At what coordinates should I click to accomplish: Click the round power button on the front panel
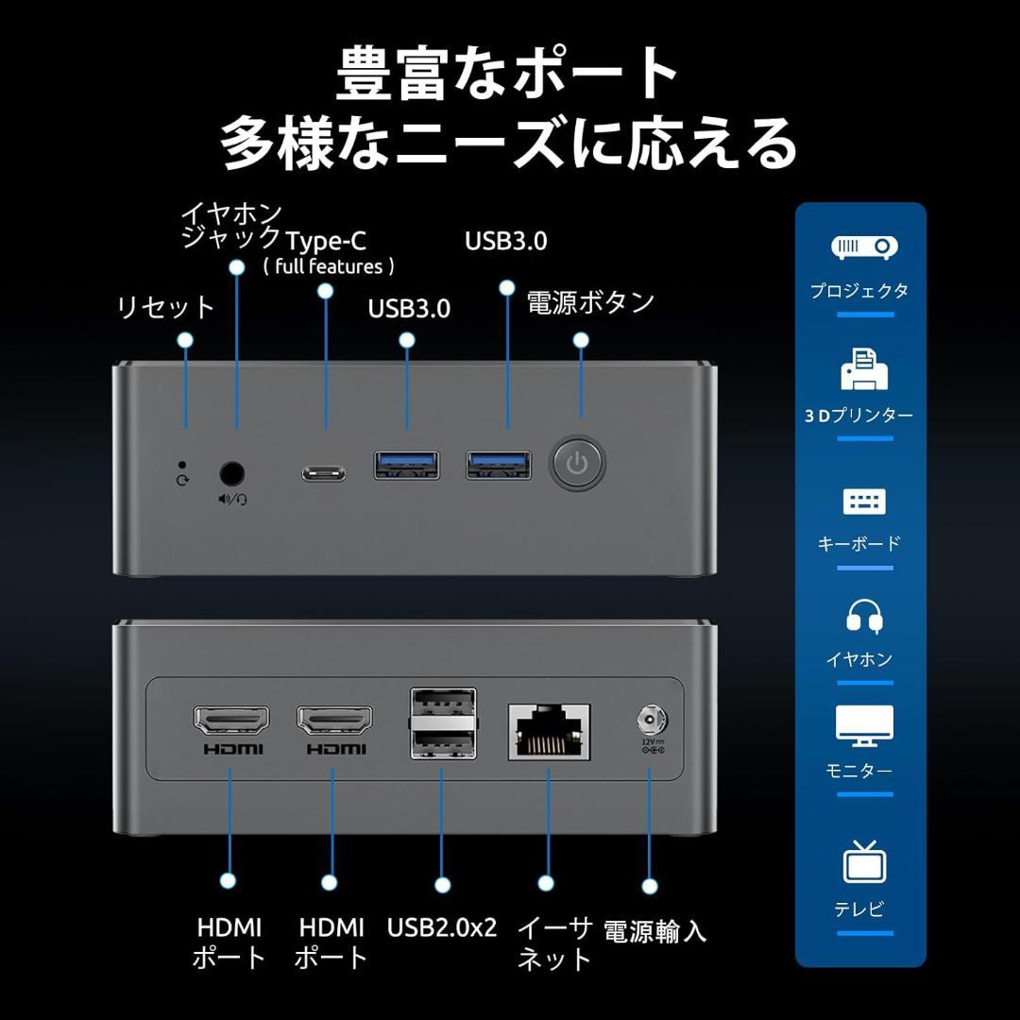point(578,463)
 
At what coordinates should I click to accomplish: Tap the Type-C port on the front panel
point(324,472)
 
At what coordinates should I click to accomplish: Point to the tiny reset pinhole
point(182,465)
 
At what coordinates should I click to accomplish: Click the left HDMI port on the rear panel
point(230,722)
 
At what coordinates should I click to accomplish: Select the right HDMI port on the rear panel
point(333,722)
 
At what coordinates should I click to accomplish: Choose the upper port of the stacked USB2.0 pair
point(441,707)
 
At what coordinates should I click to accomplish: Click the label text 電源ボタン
point(590,303)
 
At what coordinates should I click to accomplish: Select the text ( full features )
point(329,266)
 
